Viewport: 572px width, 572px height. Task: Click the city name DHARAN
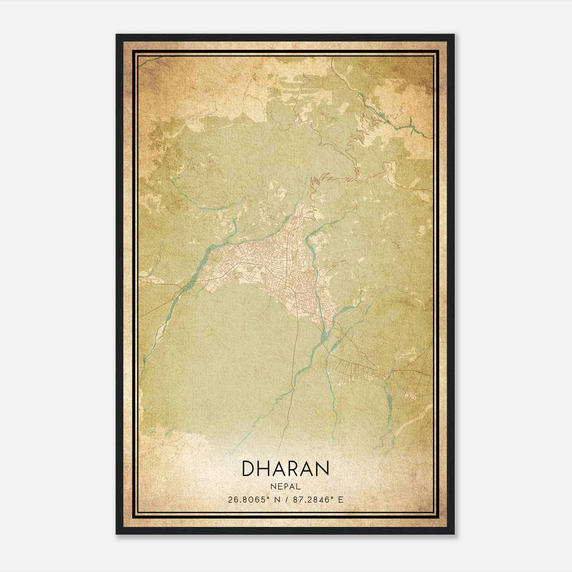tap(286, 468)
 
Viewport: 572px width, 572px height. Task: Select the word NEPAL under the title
tap(286, 487)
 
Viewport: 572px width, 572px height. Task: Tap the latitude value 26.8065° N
tap(255, 499)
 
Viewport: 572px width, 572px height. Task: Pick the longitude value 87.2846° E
tap(318, 499)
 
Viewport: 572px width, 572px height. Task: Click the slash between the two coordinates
tap(286, 499)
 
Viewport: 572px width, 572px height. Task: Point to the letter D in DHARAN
tap(249, 468)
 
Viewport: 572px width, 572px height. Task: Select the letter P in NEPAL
tap(285, 487)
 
